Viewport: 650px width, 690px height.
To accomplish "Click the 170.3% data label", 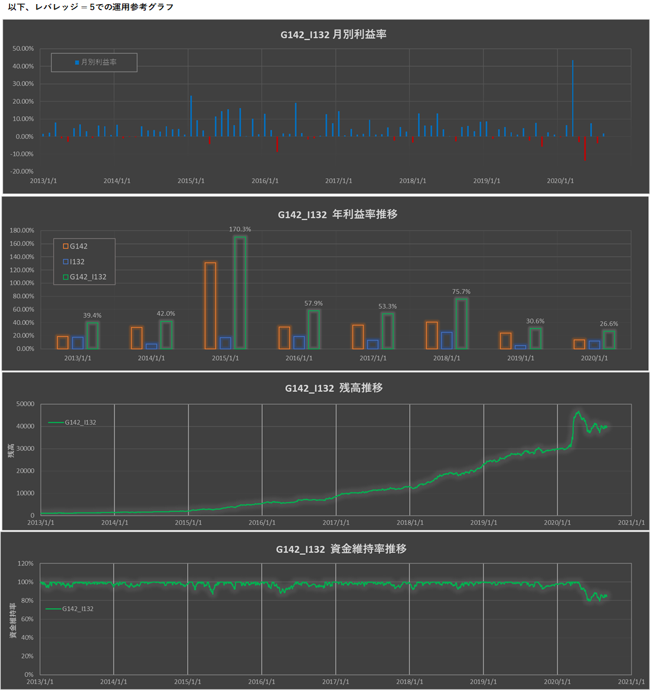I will click(x=240, y=229).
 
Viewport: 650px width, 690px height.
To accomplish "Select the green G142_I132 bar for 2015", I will click(x=240, y=293).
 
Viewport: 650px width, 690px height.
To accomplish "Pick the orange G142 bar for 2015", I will click(x=210, y=306).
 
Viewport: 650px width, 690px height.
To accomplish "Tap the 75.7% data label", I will click(x=461, y=292).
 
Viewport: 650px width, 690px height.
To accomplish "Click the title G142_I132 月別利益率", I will click(x=333, y=34).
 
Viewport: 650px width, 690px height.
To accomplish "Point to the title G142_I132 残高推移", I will click(x=334, y=388).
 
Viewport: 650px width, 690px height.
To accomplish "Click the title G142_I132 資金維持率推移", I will click(x=341, y=549).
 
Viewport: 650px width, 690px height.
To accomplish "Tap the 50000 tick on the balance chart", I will click(x=25, y=404).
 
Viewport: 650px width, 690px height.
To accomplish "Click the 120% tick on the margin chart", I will click(x=25, y=564).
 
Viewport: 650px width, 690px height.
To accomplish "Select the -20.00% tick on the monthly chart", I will click(x=23, y=171).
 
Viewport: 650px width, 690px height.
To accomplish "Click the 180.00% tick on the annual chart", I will click(x=22, y=230).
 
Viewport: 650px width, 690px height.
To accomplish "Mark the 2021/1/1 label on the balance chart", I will click(x=631, y=522).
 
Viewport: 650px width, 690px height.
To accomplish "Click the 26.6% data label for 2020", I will click(x=609, y=323).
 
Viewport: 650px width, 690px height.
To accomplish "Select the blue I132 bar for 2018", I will click(x=447, y=341).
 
